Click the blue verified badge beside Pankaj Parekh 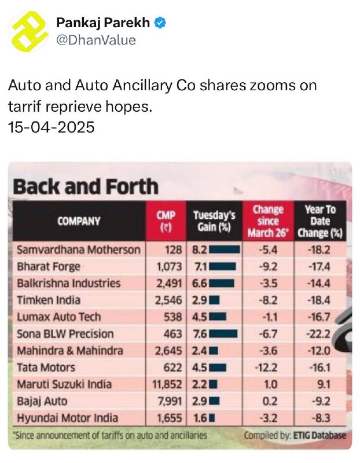coord(160,23)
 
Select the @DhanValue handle coord(96,40)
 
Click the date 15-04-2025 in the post coord(51,127)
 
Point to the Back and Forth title coord(86,186)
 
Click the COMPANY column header coord(79,221)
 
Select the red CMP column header coord(166,221)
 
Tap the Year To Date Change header coord(320,221)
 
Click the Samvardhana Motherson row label coord(79,250)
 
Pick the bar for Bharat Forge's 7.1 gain coord(223,267)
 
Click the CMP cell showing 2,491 coord(169,284)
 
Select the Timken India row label coord(49,300)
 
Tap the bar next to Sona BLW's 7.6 coord(223,334)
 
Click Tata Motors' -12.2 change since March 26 coord(266,368)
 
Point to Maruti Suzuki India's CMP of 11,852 coord(167,384)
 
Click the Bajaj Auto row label coord(42,401)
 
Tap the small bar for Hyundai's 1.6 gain coord(212,418)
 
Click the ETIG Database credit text coord(319,436)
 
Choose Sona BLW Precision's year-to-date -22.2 coord(318,334)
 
